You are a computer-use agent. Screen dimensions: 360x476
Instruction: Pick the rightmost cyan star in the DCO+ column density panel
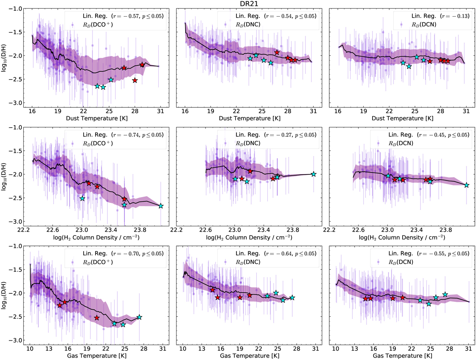click(161, 206)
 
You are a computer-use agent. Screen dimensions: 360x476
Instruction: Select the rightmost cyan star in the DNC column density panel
click(313, 174)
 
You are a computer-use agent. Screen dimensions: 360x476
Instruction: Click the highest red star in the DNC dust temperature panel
click(277, 53)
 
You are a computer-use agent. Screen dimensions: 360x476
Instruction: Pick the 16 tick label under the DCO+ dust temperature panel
click(32, 111)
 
